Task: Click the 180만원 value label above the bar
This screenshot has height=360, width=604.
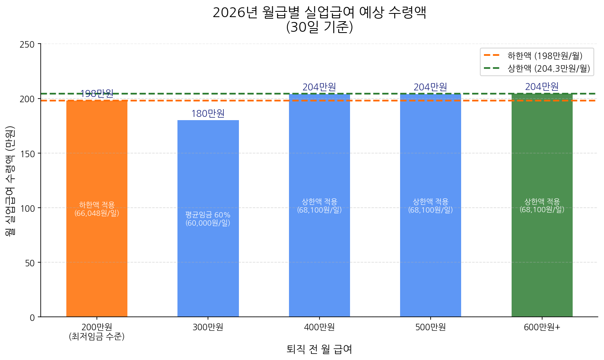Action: pyautogui.click(x=208, y=114)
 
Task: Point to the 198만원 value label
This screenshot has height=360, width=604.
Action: pyautogui.click(x=97, y=94)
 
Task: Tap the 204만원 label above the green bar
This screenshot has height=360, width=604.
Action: pyautogui.click(x=542, y=87)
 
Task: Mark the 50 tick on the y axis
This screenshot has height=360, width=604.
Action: pyautogui.click(x=29, y=263)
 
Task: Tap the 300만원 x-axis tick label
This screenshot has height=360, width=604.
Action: pyautogui.click(x=208, y=327)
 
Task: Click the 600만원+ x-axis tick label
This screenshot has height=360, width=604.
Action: pyautogui.click(x=542, y=327)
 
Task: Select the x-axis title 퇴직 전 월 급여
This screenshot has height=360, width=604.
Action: pyautogui.click(x=319, y=349)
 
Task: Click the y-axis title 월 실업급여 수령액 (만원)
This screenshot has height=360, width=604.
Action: pyautogui.click(x=10, y=180)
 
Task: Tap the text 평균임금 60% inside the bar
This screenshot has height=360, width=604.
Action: pyautogui.click(x=208, y=215)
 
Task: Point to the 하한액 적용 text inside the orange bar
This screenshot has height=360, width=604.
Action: pyautogui.click(x=97, y=205)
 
